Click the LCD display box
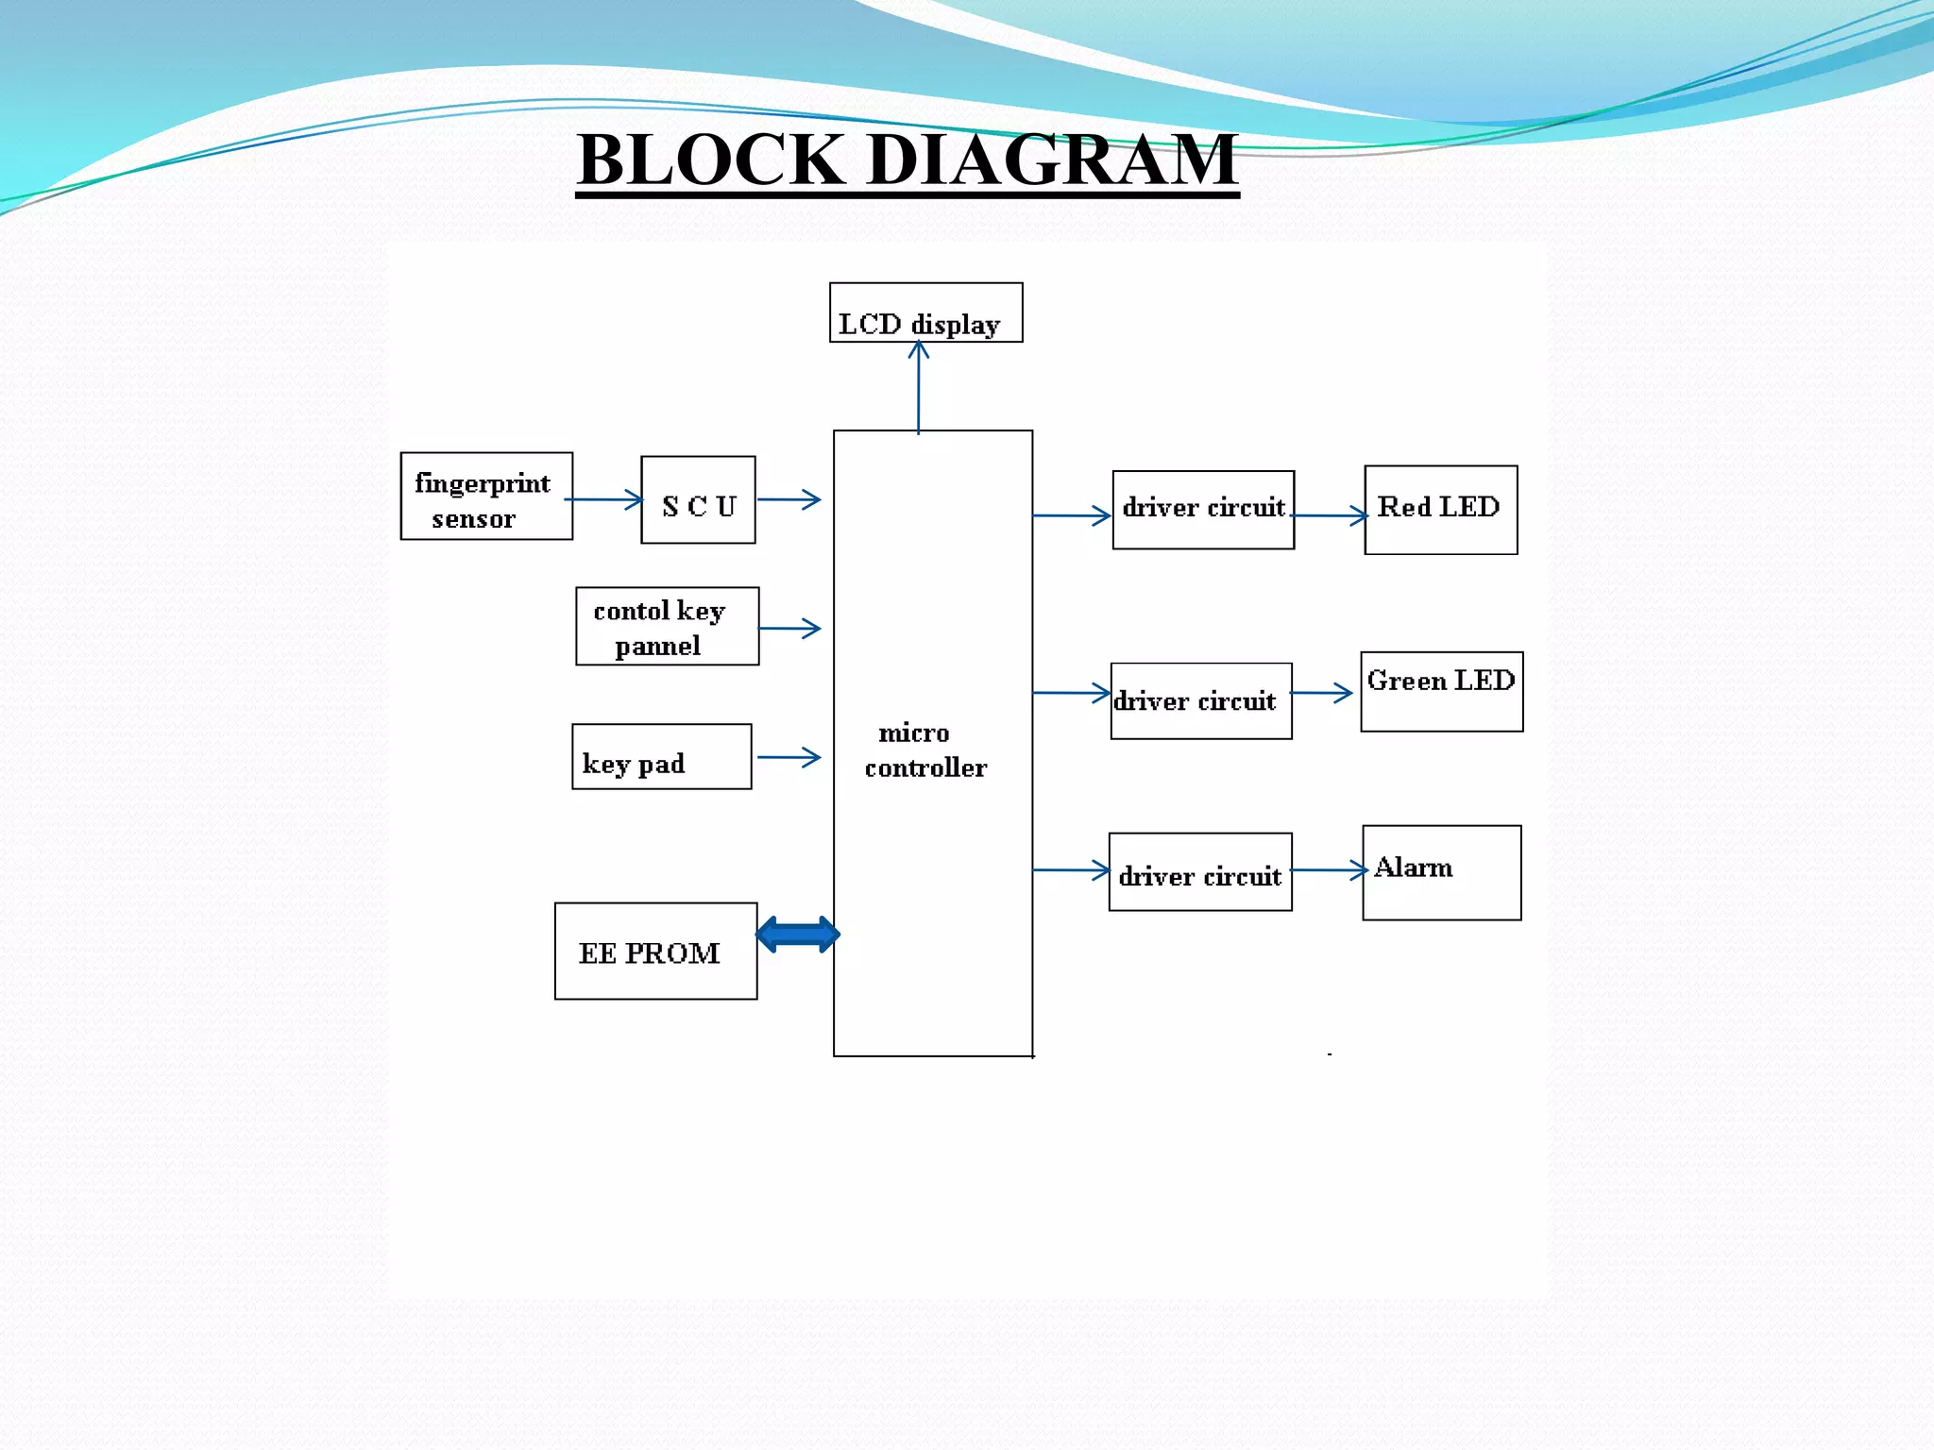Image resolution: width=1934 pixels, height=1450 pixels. pos(925,313)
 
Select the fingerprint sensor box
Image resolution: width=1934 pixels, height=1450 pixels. pos(486,497)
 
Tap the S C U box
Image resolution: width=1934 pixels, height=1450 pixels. pos(698,500)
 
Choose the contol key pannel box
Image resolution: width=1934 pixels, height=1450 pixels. pos(667,627)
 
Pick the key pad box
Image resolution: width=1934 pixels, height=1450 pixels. pos(661,757)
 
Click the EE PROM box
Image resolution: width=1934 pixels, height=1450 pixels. pos(655,952)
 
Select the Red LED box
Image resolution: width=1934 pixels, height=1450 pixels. pos(1441,510)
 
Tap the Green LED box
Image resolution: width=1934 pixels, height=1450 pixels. pos(1442,692)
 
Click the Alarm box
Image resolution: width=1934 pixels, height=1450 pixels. pos(1442,873)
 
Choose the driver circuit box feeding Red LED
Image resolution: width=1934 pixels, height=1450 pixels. pos(1203,510)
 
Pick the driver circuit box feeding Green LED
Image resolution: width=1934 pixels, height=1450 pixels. pos(1201,701)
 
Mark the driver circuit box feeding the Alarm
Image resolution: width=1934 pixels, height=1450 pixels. pos(1200,872)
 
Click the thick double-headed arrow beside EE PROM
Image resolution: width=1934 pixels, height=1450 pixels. pos(798,935)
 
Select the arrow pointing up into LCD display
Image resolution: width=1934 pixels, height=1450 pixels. pos(919,387)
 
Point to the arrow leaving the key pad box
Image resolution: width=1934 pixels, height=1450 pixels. pos(789,757)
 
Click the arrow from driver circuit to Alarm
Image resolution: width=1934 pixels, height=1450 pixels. pos(1329,870)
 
